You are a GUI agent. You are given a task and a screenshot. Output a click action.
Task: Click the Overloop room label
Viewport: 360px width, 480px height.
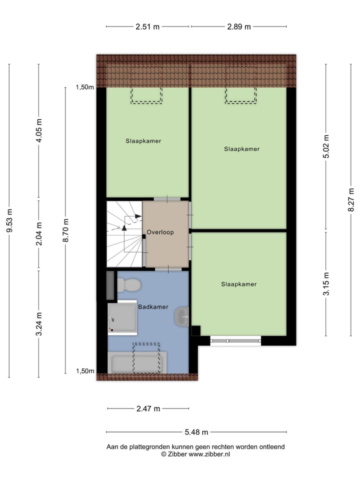(160, 232)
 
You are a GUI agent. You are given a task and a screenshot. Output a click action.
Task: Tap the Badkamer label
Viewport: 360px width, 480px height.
(153, 307)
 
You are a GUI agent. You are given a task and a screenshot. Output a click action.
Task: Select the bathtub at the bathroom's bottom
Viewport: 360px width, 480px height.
(136, 362)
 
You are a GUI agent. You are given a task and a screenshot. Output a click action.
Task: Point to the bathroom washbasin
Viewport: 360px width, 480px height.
(181, 317)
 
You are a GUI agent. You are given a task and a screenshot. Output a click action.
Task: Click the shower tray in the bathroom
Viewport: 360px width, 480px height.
(122, 318)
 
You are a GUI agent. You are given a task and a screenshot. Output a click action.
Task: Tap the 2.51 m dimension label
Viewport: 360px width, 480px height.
(147, 27)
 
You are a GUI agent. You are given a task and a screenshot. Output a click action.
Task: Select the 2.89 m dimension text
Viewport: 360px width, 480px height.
(238, 27)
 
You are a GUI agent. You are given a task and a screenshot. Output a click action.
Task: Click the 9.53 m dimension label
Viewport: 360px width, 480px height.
(10, 220)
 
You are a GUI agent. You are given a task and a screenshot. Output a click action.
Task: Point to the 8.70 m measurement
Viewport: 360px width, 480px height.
(65, 230)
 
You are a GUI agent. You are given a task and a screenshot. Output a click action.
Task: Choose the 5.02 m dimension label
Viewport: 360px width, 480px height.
(326, 147)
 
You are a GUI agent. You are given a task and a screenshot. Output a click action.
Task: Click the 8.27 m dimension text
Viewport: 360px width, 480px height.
(351, 199)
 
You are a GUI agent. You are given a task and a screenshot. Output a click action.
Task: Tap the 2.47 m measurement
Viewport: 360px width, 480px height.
(148, 409)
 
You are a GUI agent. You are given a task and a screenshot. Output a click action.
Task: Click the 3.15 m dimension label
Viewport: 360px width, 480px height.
(326, 284)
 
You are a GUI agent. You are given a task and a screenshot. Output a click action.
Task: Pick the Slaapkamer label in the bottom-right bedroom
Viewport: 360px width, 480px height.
(239, 284)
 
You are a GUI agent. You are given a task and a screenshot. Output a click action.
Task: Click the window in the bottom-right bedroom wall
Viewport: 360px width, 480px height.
(235, 340)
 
